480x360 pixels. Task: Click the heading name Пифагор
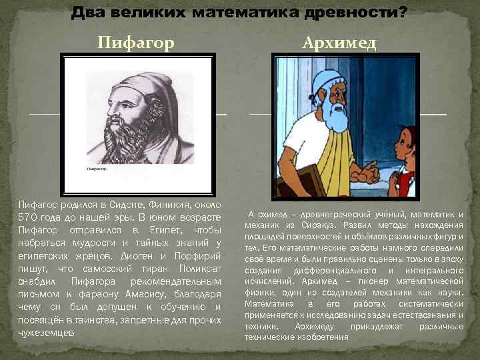click(136, 43)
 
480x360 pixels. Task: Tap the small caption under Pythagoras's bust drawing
click(97, 169)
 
